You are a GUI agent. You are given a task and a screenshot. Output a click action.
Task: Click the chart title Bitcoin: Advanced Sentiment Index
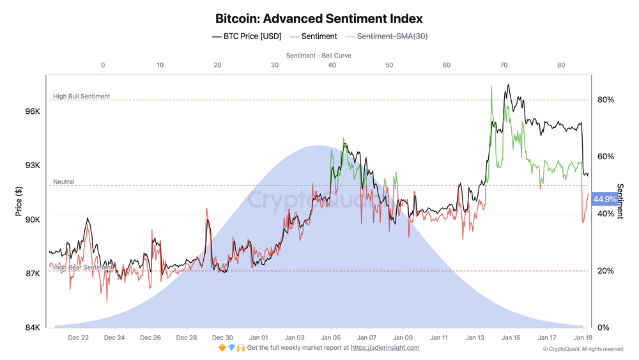[x=319, y=19]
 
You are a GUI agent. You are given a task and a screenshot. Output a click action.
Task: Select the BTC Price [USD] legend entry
[x=246, y=36]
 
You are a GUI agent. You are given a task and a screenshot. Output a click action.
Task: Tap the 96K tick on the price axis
[x=33, y=111]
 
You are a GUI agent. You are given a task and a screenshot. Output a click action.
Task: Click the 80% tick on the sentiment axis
[x=606, y=100]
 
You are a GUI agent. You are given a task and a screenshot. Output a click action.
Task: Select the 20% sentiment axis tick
[x=606, y=271]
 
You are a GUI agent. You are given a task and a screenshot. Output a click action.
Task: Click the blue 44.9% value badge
[x=604, y=200]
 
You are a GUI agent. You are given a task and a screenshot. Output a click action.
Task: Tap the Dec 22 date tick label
[x=78, y=337]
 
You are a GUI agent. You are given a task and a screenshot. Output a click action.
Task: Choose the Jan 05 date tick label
[x=330, y=337]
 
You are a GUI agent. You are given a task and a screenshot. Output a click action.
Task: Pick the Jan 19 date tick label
[x=583, y=337]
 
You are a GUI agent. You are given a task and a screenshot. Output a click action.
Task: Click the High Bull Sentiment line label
[x=82, y=97]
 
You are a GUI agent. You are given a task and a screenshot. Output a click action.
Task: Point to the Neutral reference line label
[x=64, y=182]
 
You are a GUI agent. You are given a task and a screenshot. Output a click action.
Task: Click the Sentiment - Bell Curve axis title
[x=319, y=56]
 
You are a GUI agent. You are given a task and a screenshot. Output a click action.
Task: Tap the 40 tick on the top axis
[x=332, y=65]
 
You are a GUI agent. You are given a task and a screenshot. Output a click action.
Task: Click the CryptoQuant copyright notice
[x=583, y=349]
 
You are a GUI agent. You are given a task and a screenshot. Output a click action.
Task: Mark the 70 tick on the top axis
[x=504, y=65]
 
